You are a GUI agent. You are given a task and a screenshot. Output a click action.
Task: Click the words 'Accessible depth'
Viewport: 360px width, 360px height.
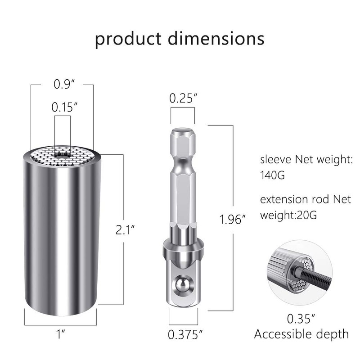[x=301, y=334]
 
